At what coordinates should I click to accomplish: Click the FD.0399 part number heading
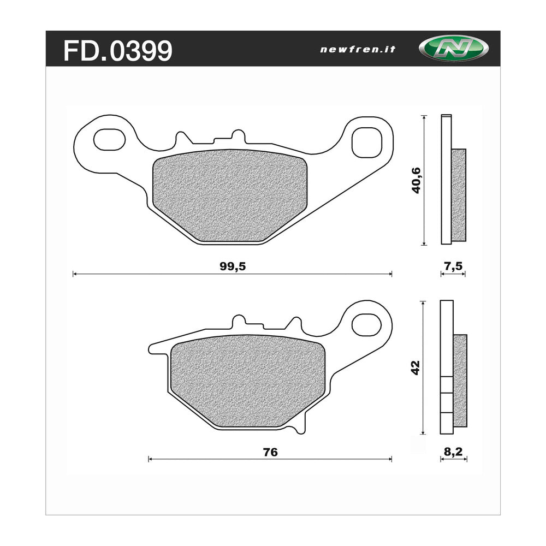118,51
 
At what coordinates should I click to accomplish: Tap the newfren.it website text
358,49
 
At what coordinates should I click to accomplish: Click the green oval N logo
446,49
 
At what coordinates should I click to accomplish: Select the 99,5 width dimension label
232,266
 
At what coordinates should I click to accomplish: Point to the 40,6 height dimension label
417,181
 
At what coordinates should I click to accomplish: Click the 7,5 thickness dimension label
453,266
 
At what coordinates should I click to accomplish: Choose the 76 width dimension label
270,452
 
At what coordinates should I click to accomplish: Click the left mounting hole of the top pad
109,139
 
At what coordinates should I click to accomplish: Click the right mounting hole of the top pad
366,142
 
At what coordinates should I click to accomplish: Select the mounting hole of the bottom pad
366,324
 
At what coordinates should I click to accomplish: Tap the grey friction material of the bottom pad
247,381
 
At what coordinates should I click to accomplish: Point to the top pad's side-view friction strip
459,195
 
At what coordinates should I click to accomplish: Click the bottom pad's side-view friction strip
460,381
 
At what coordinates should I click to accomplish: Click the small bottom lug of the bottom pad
298,428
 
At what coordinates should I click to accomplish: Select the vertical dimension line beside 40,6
424,180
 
